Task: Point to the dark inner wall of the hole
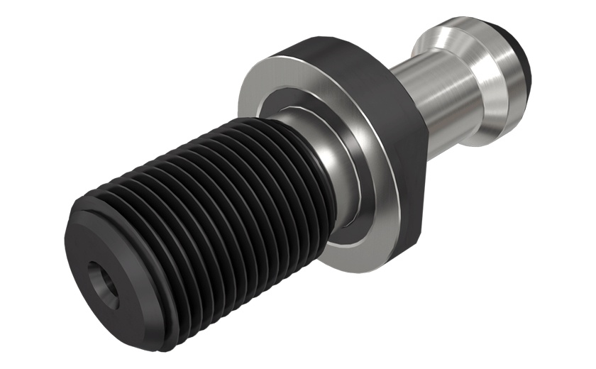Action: pos(103,281)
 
